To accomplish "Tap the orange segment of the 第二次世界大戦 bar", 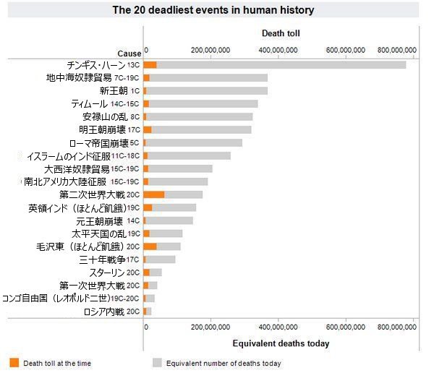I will coord(154,194).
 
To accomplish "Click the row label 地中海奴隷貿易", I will coord(79,77).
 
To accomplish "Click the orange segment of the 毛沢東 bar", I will coord(150,246).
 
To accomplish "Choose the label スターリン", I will coord(106,273).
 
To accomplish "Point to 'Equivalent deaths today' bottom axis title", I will coord(281,343).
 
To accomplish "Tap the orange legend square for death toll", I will coord(14,363).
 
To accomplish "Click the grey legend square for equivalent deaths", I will coord(157,363).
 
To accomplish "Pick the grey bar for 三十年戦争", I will coord(161,260).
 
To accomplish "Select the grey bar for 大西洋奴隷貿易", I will coord(181,168).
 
